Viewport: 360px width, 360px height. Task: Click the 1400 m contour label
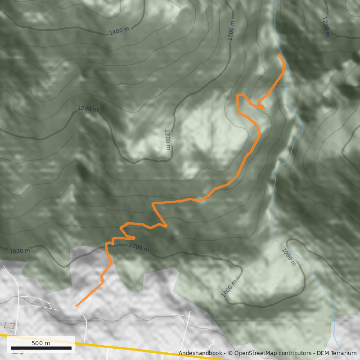tap(119, 31)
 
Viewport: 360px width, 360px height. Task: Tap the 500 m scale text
tap(40, 343)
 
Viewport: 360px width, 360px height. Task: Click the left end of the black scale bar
tap(11, 348)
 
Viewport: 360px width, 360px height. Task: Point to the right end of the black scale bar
tap(71, 348)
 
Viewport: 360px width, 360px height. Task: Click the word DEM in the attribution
tap(323, 353)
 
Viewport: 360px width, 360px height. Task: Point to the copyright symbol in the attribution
tap(230, 353)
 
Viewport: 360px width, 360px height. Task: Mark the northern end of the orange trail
tap(280, 55)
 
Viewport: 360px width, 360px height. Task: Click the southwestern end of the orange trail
tap(76, 306)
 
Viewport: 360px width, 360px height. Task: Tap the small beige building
tap(9, 325)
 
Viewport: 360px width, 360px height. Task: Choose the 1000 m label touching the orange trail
tap(139, 247)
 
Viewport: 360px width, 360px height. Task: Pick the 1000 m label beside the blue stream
tap(288, 257)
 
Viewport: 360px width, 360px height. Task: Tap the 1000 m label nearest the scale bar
tap(20, 251)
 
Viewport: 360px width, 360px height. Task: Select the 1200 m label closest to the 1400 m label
tap(88, 108)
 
